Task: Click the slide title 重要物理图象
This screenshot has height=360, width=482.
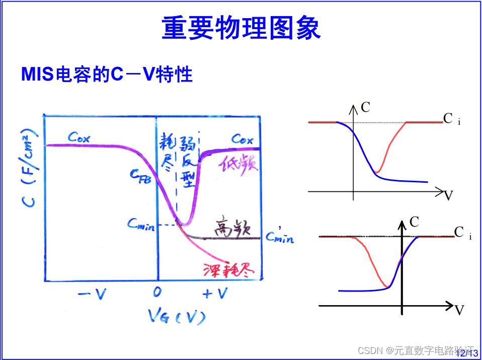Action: click(x=241, y=28)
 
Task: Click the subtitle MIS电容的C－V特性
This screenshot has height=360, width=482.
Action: click(x=107, y=75)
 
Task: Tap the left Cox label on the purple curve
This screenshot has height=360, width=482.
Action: click(x=78, y=137)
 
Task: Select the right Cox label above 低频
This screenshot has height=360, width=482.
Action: click(x=242, y=139)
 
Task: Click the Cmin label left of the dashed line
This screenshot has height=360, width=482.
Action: click(x=141, y=225)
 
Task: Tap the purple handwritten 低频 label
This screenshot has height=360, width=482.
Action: click(x=238, y=164)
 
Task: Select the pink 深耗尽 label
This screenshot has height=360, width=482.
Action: click(x=229, y=270)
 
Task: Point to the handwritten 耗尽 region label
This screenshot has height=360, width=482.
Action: click(x=169, y=153)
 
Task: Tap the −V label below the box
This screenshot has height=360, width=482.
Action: click(x=93, y=294)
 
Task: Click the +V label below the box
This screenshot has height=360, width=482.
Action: click(x=215, y=294)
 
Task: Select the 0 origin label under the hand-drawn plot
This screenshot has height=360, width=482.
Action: click(x=157, y=293)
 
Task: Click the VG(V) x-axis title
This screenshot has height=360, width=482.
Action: click(x=177, y=316)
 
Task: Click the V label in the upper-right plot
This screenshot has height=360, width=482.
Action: click(x=448, y=195)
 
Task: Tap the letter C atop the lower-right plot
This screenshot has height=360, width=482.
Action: click(x=415, y=222)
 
